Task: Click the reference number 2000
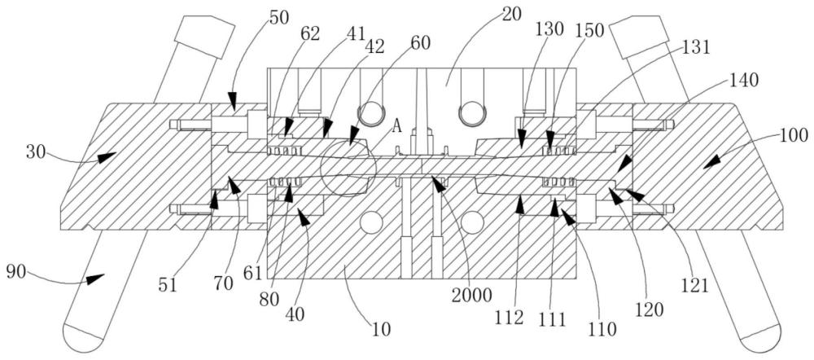tap(471, 296)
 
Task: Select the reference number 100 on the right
tap(793, 136)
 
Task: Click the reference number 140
tap(743, 80)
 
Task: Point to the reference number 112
tap(509, 318)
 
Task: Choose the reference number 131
tap(694, 48)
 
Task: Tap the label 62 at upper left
tap(309, 34)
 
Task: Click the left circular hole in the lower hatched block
tap(372, 223)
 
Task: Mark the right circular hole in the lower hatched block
tap(472, 223)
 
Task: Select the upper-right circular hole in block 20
tap(471, 114)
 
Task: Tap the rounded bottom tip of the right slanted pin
tap(760, 342)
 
